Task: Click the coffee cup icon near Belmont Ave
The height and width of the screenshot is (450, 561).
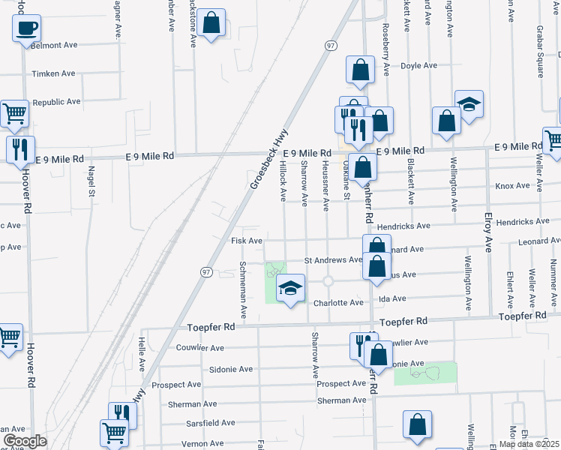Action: click(26, 29)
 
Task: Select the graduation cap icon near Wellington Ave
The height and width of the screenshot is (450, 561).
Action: click(469, 105)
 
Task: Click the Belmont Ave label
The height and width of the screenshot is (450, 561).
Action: click(55, 45)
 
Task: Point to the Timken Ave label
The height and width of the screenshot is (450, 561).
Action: click(54, 73)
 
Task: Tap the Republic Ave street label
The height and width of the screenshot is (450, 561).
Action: click(56, 101)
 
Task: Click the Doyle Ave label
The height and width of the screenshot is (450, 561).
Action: click(418, 65)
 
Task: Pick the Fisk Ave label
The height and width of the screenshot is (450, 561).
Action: click(246, 241)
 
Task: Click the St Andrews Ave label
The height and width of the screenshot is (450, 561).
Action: click(333, 259)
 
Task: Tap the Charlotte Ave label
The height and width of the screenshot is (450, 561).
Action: click(339, 303)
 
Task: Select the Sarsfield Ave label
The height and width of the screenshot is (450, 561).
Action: click(211, 422)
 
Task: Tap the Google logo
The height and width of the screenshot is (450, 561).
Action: click(24, 441)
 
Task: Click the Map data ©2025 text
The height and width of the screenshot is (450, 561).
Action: click(528, 444)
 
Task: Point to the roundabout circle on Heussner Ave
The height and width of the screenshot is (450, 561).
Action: click(328, 281)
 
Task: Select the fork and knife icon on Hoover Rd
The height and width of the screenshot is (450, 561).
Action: click(20, 148)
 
